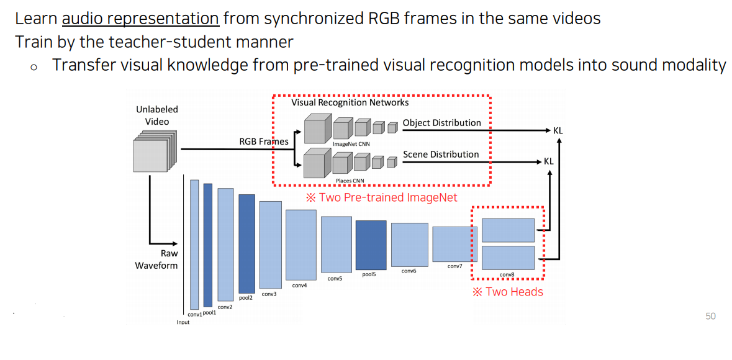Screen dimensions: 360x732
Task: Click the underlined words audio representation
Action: pos(140,18)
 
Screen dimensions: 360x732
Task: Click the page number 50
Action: pos(710,317)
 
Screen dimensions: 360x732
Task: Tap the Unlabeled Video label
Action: pos(157,115)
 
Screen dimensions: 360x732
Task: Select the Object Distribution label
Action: pos(441,123)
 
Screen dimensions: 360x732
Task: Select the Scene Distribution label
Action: pos(441,155)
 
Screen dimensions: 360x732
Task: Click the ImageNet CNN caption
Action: pos(351,144)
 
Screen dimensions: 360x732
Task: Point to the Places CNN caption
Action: pos(350,181)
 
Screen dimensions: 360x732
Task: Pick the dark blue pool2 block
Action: pos(246,243)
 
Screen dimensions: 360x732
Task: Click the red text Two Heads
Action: pos(507,292)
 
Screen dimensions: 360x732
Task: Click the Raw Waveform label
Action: pos(157,259)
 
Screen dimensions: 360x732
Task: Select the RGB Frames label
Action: pos(264,142)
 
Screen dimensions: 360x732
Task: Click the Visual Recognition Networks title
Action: pos(350,102)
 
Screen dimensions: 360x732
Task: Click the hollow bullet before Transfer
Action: pos(34,66)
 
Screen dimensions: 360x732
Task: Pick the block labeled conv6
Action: pos(409,245)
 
